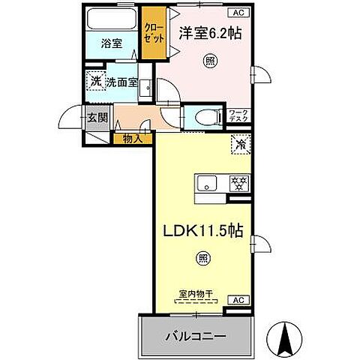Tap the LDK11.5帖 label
coord(202,233)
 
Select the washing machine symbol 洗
coord(96,81)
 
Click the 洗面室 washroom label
coord(121,82)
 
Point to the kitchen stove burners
coord(240,181)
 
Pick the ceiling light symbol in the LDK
coord(202,259)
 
